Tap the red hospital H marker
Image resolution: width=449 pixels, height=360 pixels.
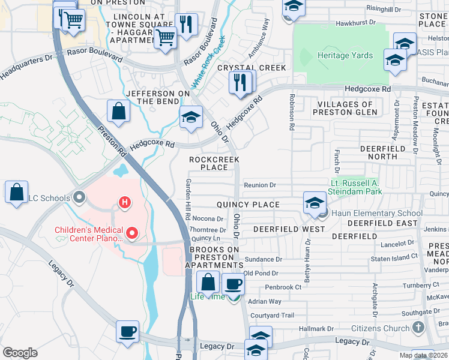tap(125, 203)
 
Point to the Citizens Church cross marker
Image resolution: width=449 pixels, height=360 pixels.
tap(419, 328)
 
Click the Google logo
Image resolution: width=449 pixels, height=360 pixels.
tap(20, 353)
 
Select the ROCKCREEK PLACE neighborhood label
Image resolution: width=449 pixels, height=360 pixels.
tap(214, 163)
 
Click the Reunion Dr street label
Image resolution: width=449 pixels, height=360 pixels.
tap(259, 185)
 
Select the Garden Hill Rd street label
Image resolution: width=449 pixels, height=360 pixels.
tap(188, 199)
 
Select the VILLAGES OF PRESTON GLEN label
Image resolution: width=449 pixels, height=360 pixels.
tap(344, 108)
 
